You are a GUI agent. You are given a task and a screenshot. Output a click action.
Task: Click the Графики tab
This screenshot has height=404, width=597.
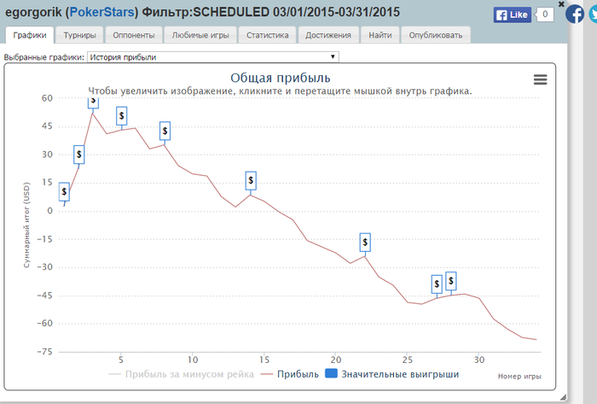click(30, 35)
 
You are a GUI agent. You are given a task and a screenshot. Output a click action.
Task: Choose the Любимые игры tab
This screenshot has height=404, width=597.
click(200, 35)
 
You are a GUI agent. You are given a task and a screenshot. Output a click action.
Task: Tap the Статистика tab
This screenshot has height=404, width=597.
click(268, 35)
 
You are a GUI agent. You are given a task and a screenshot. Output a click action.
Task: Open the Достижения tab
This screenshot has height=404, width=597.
click(328, 35)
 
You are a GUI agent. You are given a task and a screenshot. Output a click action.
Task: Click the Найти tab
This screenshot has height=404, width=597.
click(380, 35)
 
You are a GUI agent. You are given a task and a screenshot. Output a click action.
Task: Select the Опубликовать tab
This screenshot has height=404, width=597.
click(435, 35)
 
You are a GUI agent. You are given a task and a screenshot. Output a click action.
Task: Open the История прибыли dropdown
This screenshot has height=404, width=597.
click(213, 57)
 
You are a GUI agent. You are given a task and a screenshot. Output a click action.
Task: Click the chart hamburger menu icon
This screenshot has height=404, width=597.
click(540, 79)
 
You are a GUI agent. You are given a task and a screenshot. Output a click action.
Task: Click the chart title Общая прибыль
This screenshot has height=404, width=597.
click(281, 79)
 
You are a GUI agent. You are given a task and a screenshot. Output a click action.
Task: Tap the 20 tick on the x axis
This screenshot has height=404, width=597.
click(336, 360)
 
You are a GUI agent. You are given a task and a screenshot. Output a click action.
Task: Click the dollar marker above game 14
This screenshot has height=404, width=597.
click(251, 180)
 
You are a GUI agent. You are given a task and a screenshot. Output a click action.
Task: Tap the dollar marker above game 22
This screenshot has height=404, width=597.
click(365, 243)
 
